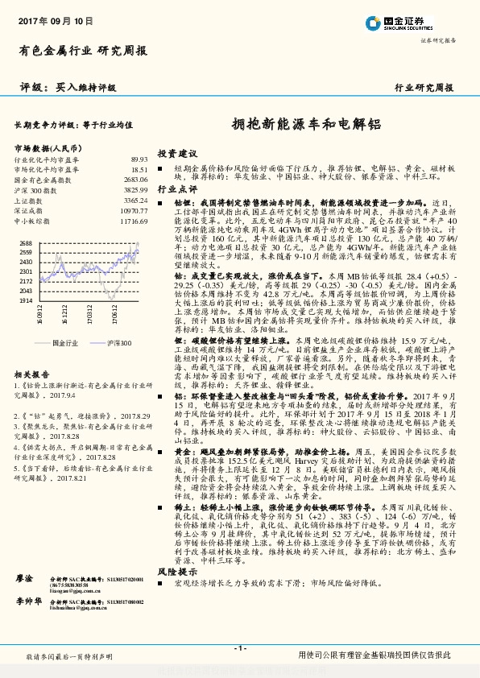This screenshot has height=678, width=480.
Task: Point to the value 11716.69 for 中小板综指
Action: [x=133, y=219]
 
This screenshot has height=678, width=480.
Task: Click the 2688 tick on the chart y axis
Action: [x=26, y=242]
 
